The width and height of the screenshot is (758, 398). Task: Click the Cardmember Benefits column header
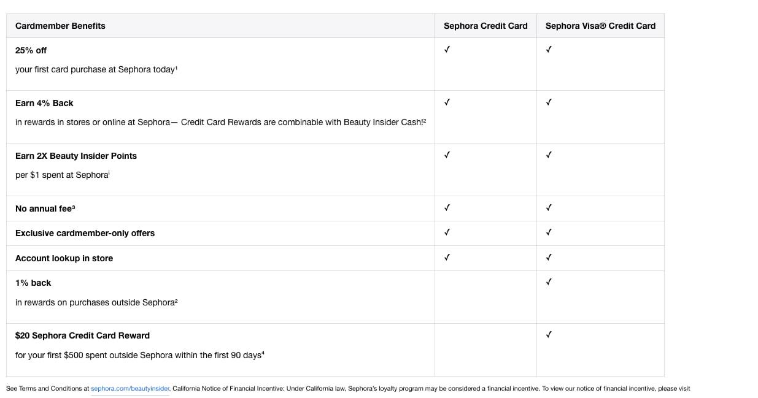click(60, 26)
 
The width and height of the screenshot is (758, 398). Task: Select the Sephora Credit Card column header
click(485, 26)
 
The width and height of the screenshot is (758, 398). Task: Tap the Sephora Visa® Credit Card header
click(600, 26)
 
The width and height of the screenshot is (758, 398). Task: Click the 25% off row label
click(31, 50)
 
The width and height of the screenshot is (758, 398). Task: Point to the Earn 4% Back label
click(44, 103)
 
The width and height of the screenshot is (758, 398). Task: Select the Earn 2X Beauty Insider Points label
click(76, 156)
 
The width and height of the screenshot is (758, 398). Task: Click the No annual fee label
click(45, 209)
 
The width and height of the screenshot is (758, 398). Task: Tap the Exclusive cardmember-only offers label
click(85, 233)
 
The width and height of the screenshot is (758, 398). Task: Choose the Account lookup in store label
click(64, 258)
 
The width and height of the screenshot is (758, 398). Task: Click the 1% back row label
click(33, 283)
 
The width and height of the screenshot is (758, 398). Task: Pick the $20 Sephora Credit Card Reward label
click(82, 335)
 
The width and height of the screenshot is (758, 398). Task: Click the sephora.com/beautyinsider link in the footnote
click(130, 388)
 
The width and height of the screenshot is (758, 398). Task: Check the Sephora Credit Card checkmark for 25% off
click(447, 50)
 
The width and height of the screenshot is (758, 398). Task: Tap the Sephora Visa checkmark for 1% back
click(549, 282)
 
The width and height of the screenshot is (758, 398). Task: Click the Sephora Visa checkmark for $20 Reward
click(549, 335)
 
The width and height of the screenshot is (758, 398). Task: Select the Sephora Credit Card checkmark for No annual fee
click(447, 208)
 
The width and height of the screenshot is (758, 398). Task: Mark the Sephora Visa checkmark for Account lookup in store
click(549, 258)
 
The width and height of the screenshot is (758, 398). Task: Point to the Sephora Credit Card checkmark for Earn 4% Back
click(447, 102)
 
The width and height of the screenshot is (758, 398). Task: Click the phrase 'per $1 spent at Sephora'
click(61, 175)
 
